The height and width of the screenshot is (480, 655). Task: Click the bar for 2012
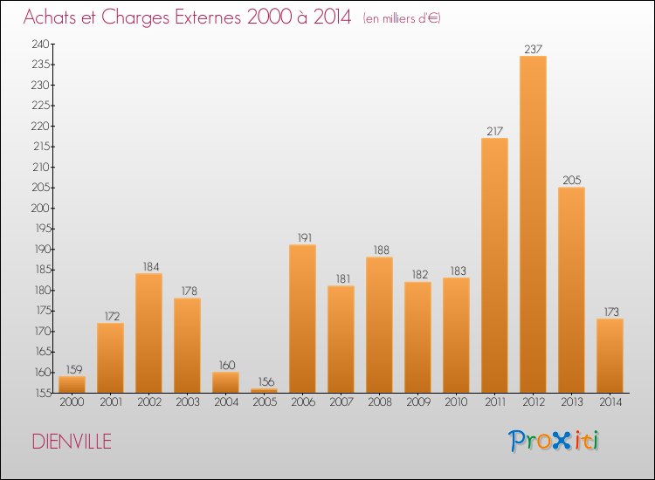click(x=533, y=224)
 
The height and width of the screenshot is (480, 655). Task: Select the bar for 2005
click(x=264, y=391)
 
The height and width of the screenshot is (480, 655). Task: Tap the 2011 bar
click(x=494, y=265)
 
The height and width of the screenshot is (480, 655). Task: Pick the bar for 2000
click(x=72, y=384)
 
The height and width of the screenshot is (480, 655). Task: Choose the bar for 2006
click(x=302, y=319)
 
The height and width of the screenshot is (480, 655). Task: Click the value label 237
click(x=533, y=49)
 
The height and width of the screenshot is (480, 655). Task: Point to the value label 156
click(x=266, y=382)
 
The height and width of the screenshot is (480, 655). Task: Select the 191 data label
click(x=305, y=238)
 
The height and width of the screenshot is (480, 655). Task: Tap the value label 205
click(x=571, y=181)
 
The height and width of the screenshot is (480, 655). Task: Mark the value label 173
click(x=611, y=312)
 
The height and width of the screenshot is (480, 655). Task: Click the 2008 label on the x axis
click(x=380, y=402)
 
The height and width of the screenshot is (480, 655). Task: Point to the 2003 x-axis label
click(x=188, y=402)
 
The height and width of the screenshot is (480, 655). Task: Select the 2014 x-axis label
click(x=610, y=402)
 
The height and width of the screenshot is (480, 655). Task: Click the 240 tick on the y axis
click(x=40, y=44)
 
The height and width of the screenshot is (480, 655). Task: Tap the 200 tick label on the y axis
click(x=40, y=208)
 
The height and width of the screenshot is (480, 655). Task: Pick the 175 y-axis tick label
click(x=43, y=311)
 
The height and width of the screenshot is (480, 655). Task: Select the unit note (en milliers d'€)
click(x=402, y=19)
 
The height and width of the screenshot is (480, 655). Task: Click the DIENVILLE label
click(x=72, y=442)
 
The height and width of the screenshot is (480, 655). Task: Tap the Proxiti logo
click(x=554, y=441)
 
